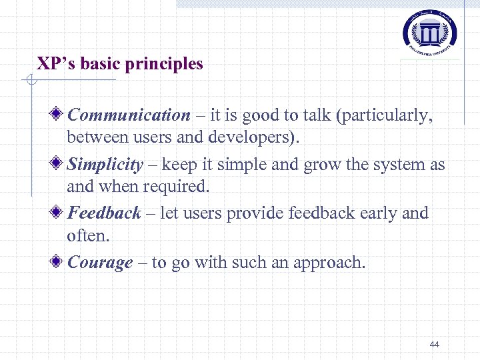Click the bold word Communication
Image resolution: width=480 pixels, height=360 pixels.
coord(129,115)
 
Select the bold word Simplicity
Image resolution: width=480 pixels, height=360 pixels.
coord(105,165)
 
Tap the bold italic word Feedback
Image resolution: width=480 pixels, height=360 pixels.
coord(104,213)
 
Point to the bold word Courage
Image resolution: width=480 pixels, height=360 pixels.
coord(100,263)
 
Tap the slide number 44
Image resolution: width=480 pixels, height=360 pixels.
coord(435,345)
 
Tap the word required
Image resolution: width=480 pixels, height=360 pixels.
coord(177,187)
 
